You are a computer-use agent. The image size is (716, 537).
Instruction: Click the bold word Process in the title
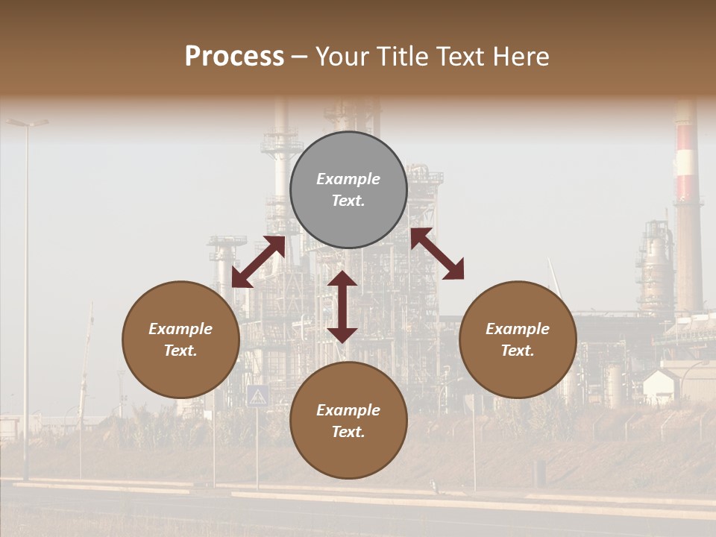[234, 57]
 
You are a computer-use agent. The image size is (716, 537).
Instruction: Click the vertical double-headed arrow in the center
[342, 307]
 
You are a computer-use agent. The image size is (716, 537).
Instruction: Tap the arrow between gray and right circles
[437, 254]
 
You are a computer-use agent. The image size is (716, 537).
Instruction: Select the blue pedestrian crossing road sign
[257, 395]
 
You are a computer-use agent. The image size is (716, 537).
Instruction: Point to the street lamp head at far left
[28, 122]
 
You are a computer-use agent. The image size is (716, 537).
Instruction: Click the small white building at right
[661, 385]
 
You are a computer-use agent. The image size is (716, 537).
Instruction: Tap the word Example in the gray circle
[348, 179]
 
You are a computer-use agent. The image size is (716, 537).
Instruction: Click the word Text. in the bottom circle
[348, 432]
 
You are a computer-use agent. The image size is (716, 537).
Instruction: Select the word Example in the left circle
[180, 329]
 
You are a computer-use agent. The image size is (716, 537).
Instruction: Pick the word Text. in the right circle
[518, 351]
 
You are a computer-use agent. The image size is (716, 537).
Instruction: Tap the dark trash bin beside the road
[540, 471]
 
